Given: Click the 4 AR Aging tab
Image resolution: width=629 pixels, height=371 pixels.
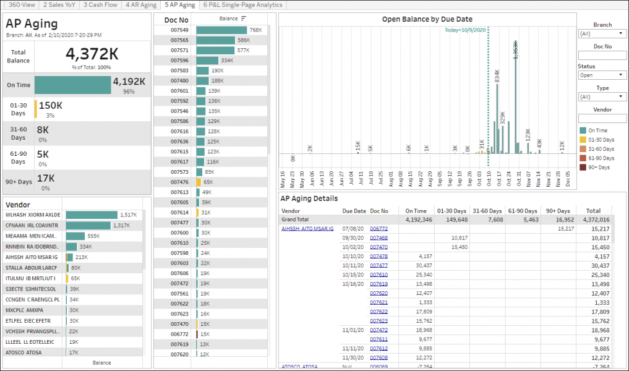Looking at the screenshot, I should point(141,4).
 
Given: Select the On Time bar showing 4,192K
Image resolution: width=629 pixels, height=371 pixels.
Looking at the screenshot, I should point(72,85).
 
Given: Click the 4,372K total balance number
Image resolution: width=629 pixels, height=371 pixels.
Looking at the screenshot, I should point(92,53).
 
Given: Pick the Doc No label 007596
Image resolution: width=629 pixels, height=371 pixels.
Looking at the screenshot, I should point(179,61).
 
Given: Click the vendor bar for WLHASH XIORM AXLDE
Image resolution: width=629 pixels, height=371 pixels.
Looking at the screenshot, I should point(91,215).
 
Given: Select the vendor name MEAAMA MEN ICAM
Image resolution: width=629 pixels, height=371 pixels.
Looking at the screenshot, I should point(31,236).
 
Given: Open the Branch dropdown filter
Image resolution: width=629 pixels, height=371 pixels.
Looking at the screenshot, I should point(602,33).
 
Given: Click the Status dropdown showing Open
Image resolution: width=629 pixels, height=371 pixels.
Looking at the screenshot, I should point(602,75).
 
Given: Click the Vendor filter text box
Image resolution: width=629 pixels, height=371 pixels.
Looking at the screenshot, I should point(602,118).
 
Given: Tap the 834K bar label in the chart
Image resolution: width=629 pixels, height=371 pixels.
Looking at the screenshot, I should point(497,76).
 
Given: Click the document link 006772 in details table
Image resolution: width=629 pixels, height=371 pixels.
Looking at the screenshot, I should point(379,229).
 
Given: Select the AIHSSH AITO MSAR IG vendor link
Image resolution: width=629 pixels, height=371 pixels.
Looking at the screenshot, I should point(307,229).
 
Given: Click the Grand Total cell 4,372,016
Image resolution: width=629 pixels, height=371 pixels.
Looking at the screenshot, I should point(595,220).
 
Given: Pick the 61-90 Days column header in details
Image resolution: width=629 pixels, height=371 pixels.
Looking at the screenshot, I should point(521,211).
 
